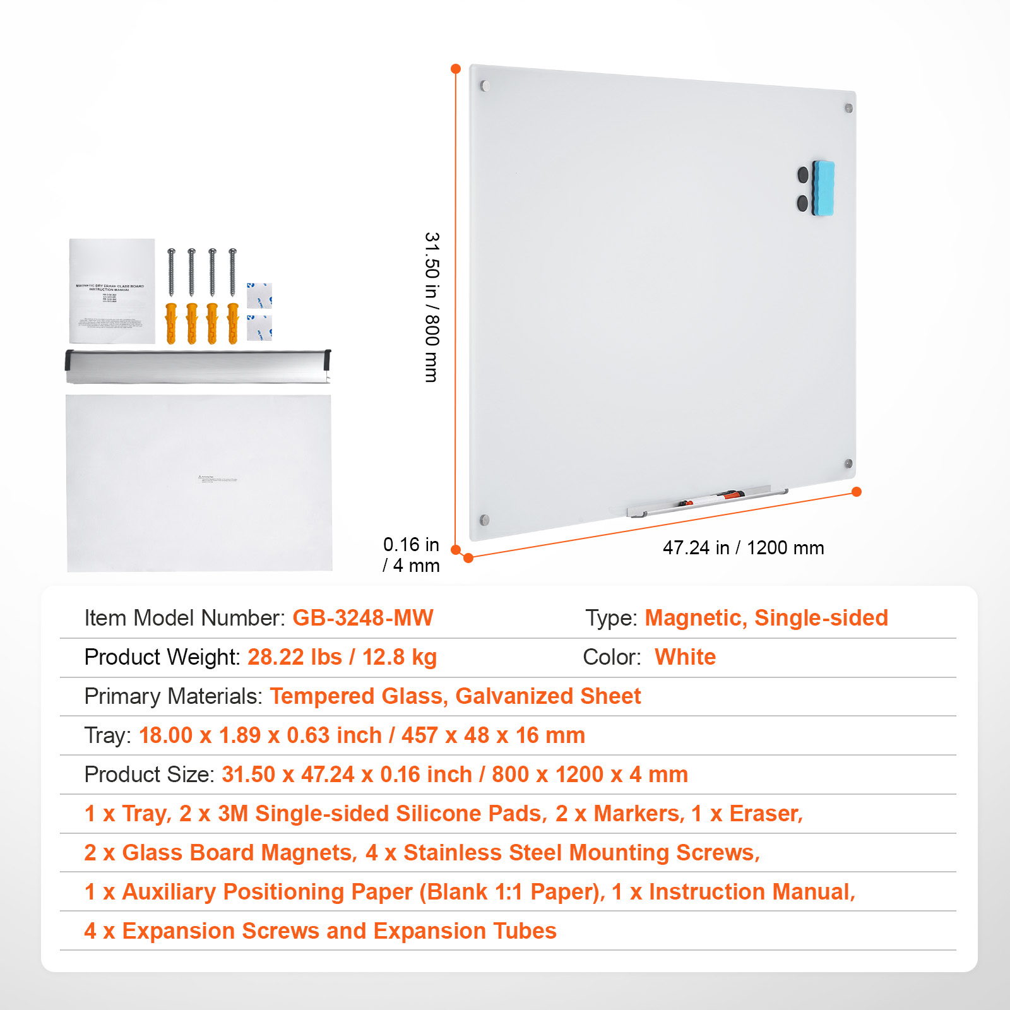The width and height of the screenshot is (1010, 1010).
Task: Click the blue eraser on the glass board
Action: pos(823,188)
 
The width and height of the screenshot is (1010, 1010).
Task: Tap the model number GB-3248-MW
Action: pos(363,617)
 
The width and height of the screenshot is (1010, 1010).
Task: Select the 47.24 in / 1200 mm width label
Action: pos(743,548)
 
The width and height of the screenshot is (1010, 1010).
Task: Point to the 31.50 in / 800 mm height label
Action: pos(432,307)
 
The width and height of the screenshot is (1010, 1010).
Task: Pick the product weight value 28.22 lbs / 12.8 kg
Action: pos(342,657)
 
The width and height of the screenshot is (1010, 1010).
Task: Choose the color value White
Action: pos(685,657)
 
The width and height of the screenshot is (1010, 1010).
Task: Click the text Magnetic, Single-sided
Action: pos(766,617)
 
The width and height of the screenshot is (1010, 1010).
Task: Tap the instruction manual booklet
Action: pos(112,291)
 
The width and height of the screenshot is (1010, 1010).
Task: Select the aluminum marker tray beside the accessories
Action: pos(198,366)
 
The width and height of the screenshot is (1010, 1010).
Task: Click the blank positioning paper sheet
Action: pos(199,483)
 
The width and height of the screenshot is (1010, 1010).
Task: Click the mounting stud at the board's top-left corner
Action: pos(485,86)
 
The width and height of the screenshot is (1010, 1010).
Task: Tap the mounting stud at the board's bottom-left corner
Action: pos(485,520)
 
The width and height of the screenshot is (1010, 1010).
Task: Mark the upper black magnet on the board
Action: pos(803,174)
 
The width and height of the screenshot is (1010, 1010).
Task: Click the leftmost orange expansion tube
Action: pos(171,323)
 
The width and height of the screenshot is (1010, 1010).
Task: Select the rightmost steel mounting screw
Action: pos(232,272)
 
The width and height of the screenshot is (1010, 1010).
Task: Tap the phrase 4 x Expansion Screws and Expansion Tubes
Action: pos(320,931)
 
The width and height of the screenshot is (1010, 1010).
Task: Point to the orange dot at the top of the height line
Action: pos(456,69)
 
